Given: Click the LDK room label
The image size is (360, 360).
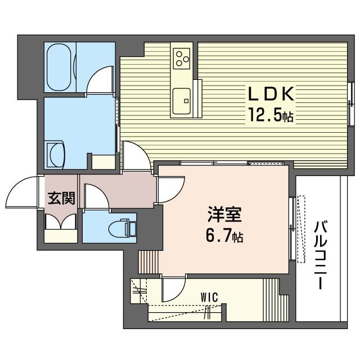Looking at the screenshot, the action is click(x=271, y=94).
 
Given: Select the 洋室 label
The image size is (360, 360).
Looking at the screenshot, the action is click(x=224, y=214).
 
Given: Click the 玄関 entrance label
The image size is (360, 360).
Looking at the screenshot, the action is click(x=61, y=198).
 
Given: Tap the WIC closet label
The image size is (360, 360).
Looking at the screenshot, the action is click(x=209, y=298).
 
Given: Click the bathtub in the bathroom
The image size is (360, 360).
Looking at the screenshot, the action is click(x=59, y=67).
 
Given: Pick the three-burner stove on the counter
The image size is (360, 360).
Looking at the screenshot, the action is click(x=182, y=58).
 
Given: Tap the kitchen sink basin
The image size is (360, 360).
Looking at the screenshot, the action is click(x=182, y=101).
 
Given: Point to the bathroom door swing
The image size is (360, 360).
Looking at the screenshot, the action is click(x=100, y=80).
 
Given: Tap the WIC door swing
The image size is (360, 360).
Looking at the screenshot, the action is click(x=174, y=289).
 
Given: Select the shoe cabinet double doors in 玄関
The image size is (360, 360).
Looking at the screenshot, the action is click(x=61, y=222).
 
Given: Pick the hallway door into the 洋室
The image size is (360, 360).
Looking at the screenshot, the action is click(x=172, y=190).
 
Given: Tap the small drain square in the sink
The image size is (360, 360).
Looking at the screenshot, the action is click(x=186, y=101).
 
